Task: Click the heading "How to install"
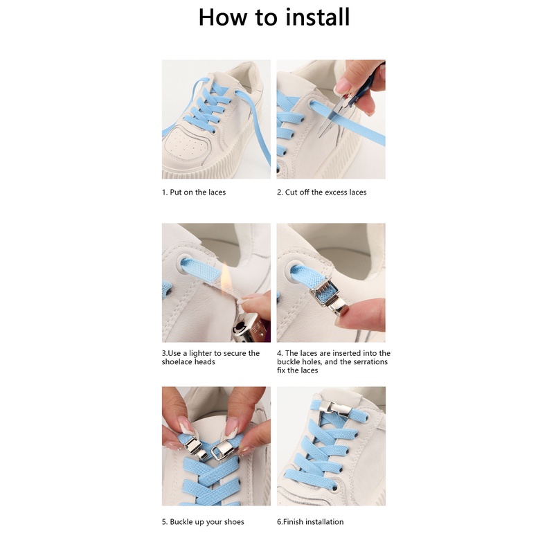pyautogui.click(x=274, y=17)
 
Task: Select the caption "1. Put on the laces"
pyautogui.click(x=194, y=192)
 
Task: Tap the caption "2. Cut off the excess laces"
pyautogui.click(x=322, y=192)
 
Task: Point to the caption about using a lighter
pyautogui.click(x=210, y=357)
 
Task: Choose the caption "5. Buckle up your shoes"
pyautogui.click(x=203, y=522)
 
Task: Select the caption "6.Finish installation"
pyautogui.click(x=310, y=522)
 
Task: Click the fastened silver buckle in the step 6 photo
pyautogui.click(x=334, y=408)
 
